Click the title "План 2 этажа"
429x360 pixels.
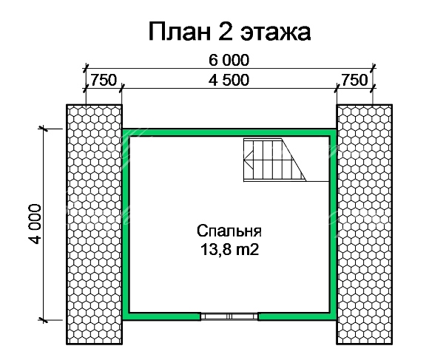[x=229, y=32]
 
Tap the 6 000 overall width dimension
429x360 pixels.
[x=229, y=60]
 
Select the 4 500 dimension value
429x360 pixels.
[x=229, y=80]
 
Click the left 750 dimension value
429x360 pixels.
[x=104, y=80]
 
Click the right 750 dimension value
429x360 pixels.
[x=354, y=80]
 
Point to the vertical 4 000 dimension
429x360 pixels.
[x=35, y=223]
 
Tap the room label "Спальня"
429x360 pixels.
[x=229, y=231]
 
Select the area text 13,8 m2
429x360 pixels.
[x=229, y=249]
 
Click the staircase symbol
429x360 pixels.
[x=274, y=160]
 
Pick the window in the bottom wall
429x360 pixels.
[x=229, y=316]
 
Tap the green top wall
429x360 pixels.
[x=229, y=132]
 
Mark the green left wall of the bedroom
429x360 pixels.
[x=126, y=224]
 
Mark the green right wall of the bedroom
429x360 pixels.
[x=333, y=224]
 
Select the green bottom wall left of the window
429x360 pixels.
[x=161, y=316]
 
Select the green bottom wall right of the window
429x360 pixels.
[x=297, y=316]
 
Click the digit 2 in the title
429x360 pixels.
[x=224, y=31]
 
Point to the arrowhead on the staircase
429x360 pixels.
[x=248, y=160]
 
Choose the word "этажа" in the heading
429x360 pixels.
[x=275, y=33]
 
